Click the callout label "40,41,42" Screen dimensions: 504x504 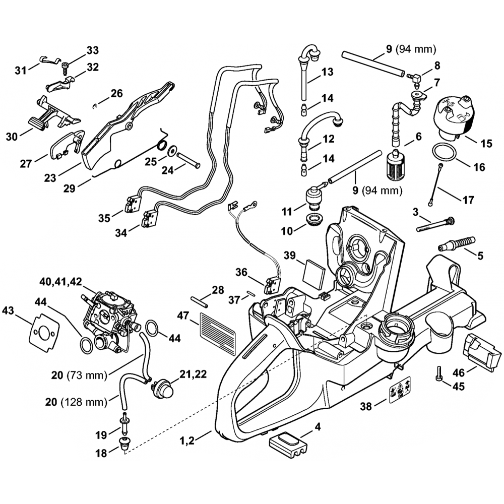[x=61, y=280]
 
